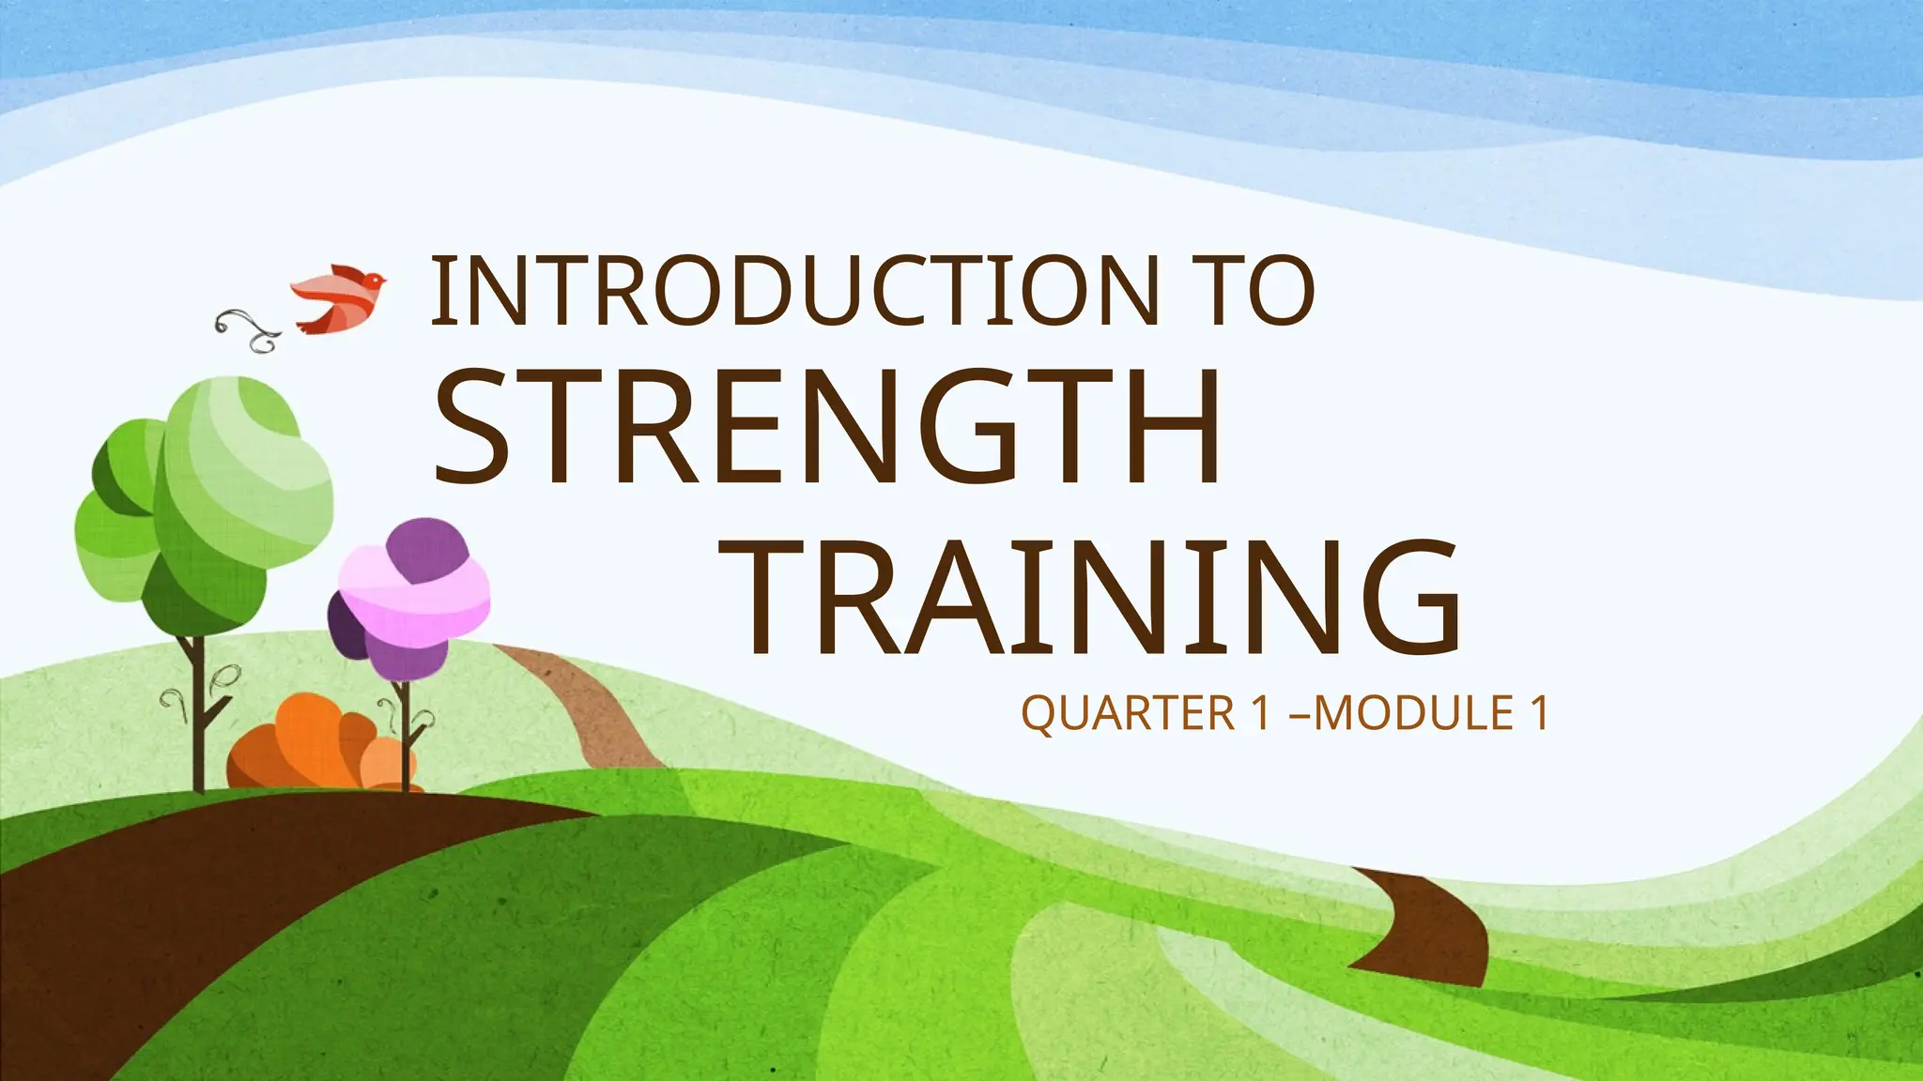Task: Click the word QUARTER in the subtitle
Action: (x=1128, y=714)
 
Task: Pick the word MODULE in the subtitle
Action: (x=1412, y=714)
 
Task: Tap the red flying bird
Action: (x=337, y=297)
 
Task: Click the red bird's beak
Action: (x=384, y=279)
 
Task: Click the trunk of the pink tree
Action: (x=405, y=732)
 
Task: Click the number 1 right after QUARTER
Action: (x=1262, y=714)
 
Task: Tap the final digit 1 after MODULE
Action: (x=1538, y=714)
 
